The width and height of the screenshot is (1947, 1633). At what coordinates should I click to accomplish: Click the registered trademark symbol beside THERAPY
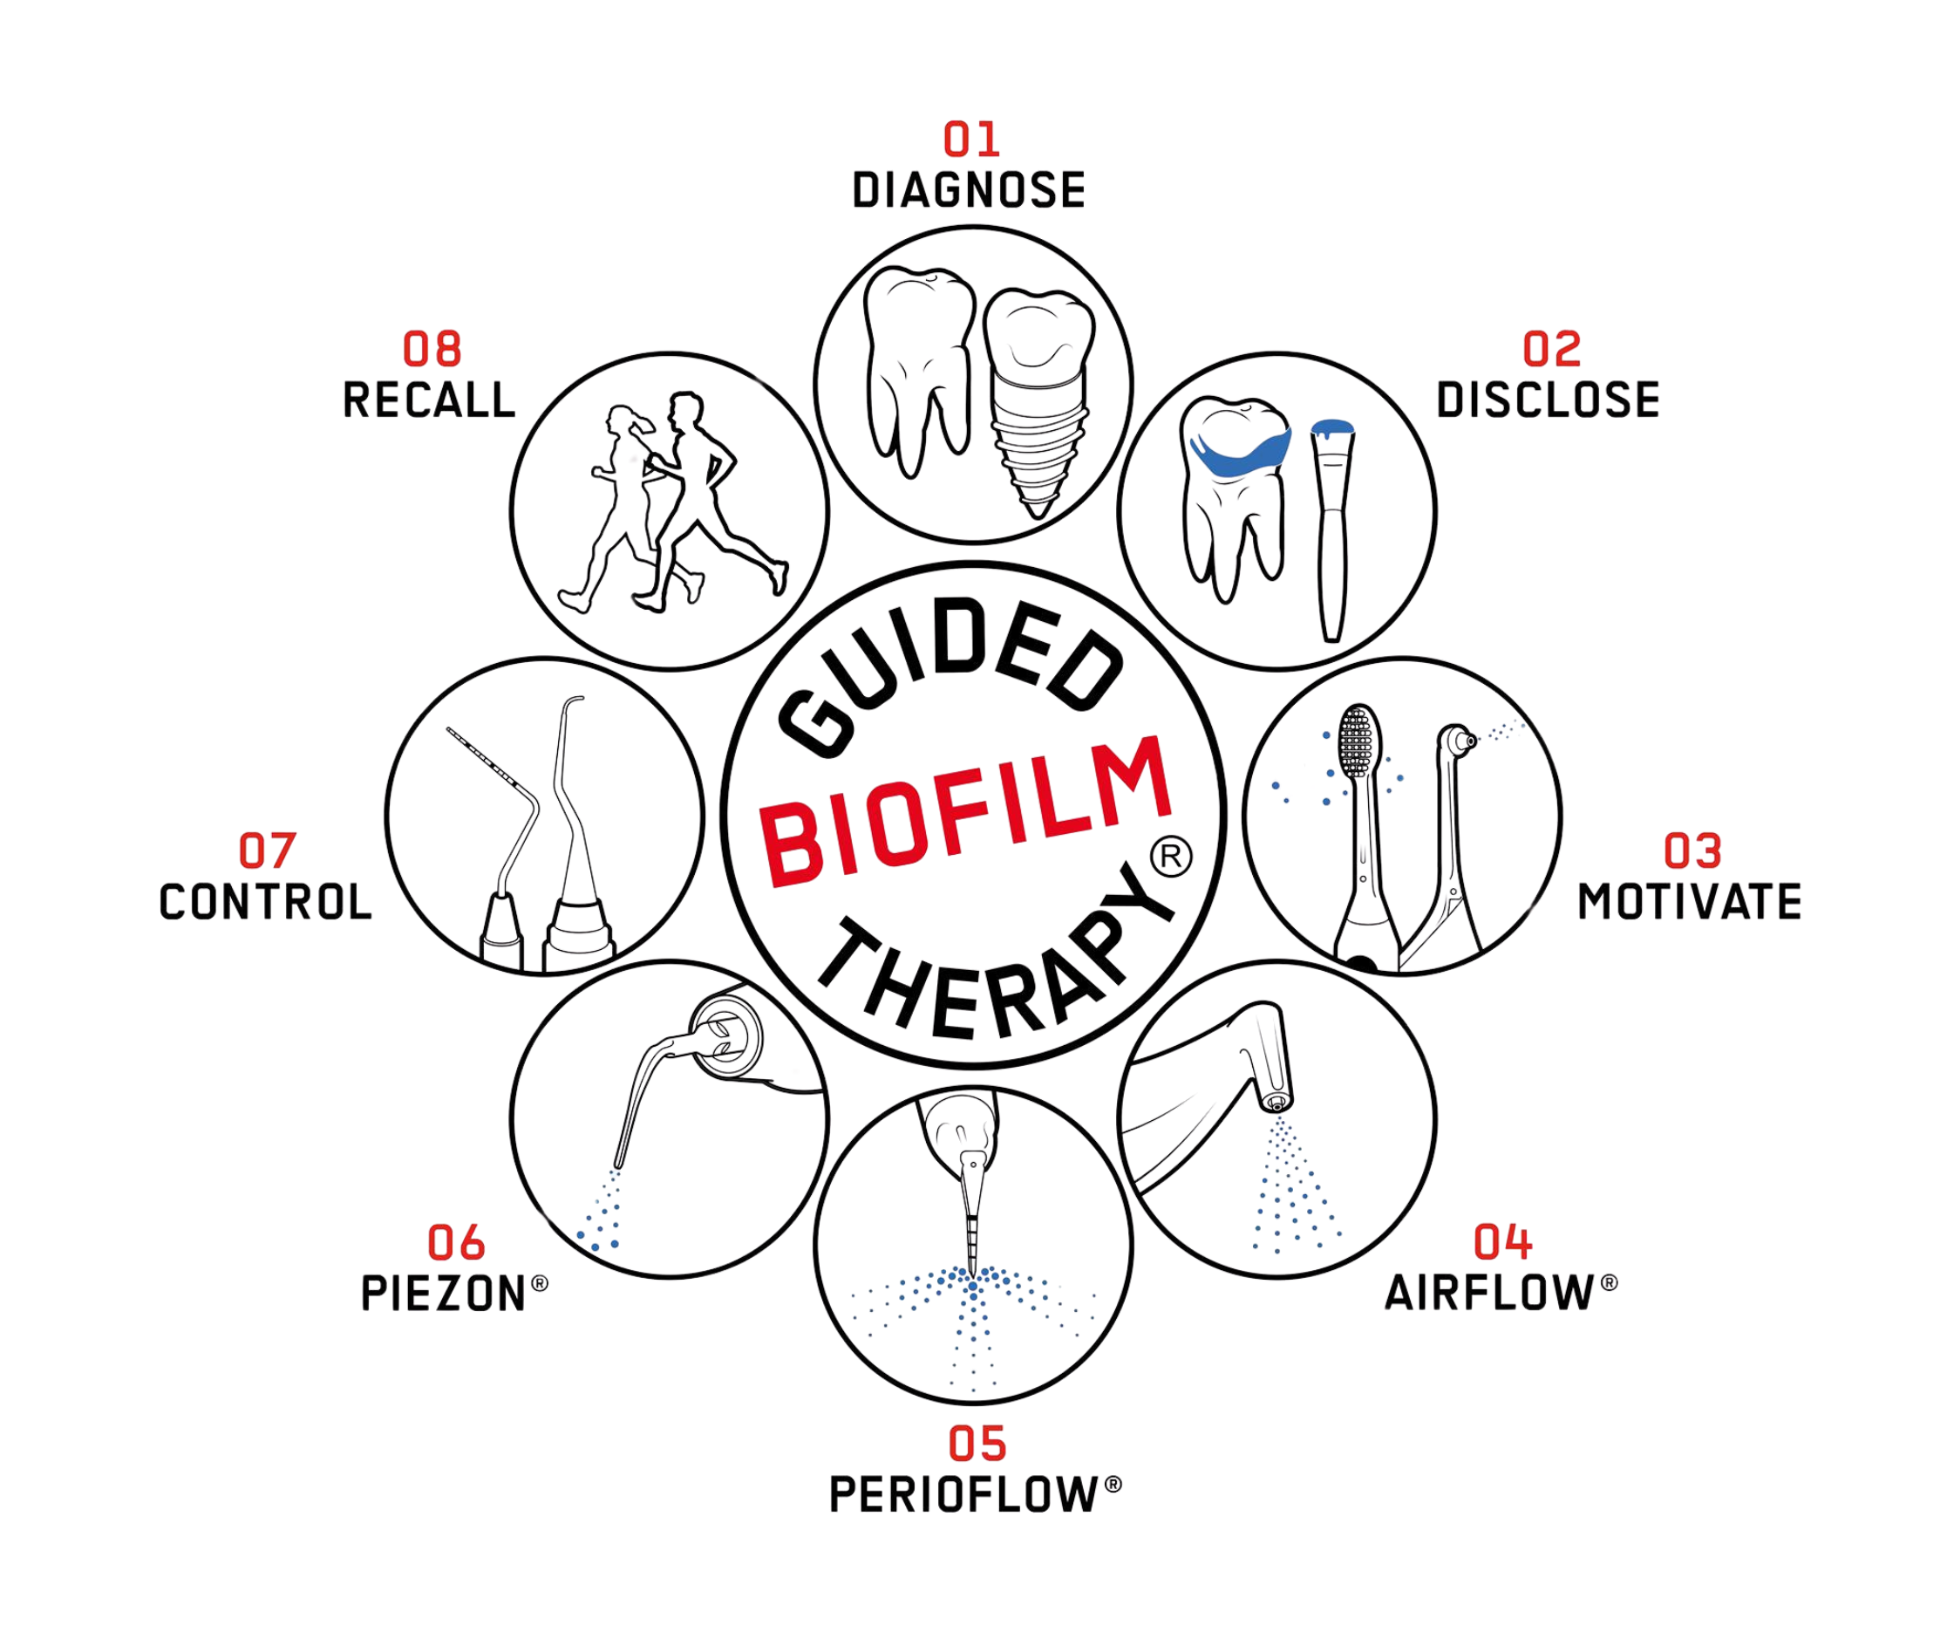pos(1171,856)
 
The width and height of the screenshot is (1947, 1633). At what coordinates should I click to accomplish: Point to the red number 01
pos(971,140)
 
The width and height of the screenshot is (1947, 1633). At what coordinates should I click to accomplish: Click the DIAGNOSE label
pos(969,191)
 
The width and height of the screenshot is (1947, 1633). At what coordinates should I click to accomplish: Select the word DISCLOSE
pos(1549,400)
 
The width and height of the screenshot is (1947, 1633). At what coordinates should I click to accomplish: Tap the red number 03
pos(1692,851)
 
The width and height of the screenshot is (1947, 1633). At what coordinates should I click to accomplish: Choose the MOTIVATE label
pos(1689,901)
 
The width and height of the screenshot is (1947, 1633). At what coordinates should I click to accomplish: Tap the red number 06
pos(456,1242)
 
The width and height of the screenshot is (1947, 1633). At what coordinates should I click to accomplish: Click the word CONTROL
pos(265,902)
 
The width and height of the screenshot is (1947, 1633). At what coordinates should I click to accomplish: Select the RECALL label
pos(429,400)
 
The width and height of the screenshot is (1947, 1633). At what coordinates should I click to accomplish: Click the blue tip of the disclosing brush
pos(1332,427)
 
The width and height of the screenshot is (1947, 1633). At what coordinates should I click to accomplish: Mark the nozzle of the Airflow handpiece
pos(1276,1103)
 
